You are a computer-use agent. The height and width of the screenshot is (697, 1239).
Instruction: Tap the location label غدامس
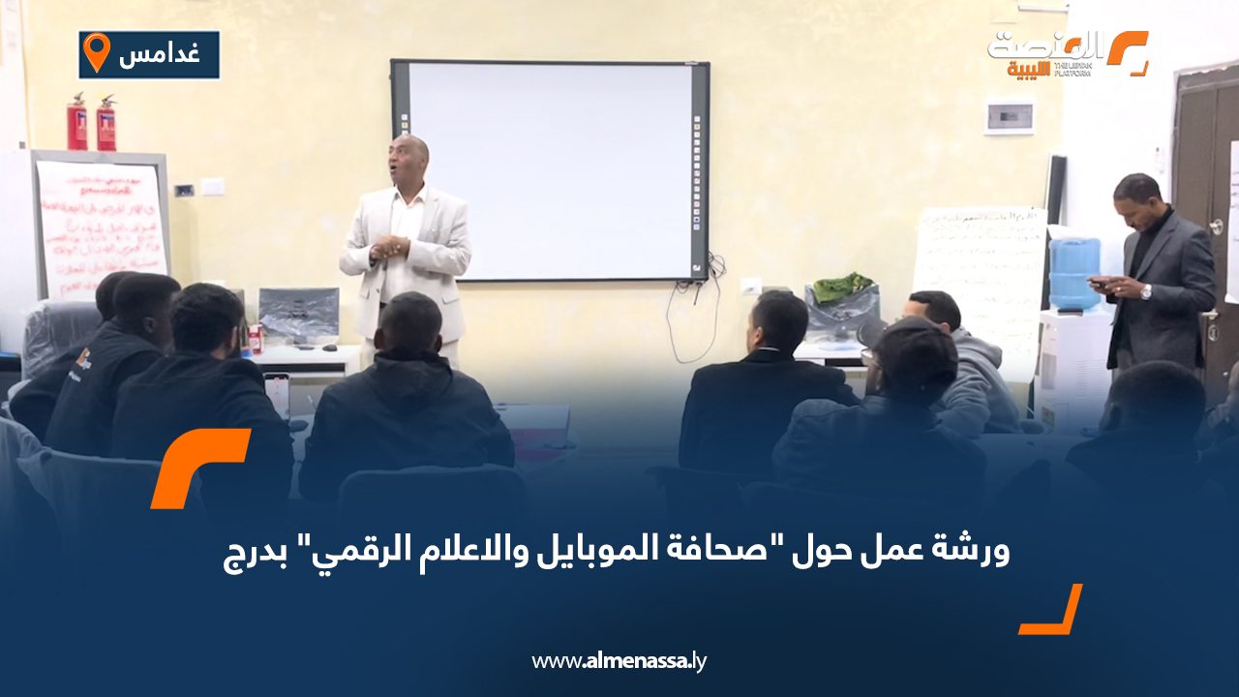point(160,54)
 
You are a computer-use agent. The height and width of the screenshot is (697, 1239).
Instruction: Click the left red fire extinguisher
point(77,123)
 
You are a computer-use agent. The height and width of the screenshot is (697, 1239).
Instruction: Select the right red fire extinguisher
point(106,124)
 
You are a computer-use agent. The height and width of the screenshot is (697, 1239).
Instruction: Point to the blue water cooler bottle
point(1074,272)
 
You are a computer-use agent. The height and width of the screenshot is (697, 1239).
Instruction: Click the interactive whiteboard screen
point(549,169)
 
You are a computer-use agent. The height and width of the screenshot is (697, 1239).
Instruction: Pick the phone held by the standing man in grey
point(1098,282)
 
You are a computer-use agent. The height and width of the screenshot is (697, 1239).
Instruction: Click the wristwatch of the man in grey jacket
point(1146,291)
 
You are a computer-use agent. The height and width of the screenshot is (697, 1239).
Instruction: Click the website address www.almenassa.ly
point(619,661)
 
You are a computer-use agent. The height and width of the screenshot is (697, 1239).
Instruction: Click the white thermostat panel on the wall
point(1009,117)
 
